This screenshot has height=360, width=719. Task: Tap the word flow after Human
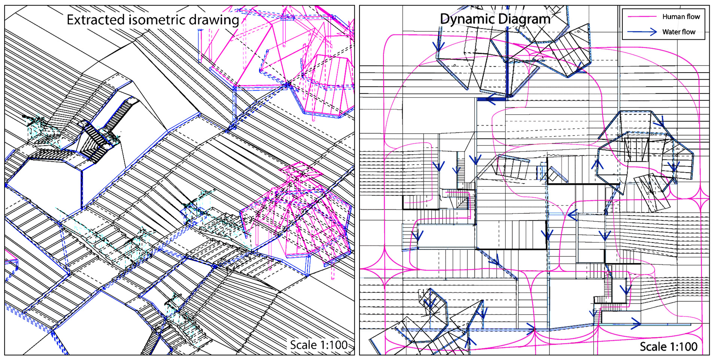tap(692, 17)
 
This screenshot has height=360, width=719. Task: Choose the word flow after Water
tap(689, 32)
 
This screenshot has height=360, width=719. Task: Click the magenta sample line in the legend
tap(642, 17)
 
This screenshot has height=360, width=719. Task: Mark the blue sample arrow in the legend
tap(642, 32)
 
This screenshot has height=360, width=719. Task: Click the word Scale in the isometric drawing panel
tap(302, 345)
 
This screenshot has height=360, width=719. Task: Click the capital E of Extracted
tap(70, 19)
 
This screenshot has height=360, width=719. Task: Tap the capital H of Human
tap(665, 17)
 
